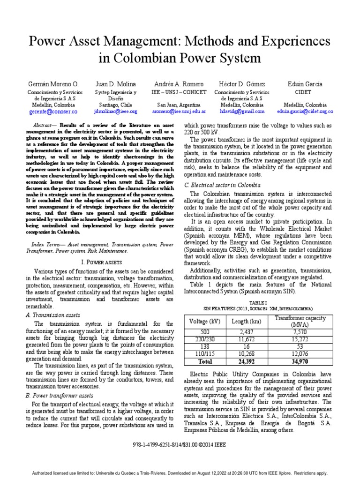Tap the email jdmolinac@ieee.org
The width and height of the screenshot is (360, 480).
point(115,112)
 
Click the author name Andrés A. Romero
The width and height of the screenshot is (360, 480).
point(176,83)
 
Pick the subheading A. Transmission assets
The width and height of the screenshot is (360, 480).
point(53,315)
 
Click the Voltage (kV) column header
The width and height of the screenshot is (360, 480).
point(202,322)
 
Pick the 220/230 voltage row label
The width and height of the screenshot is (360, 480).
point(202,338)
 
